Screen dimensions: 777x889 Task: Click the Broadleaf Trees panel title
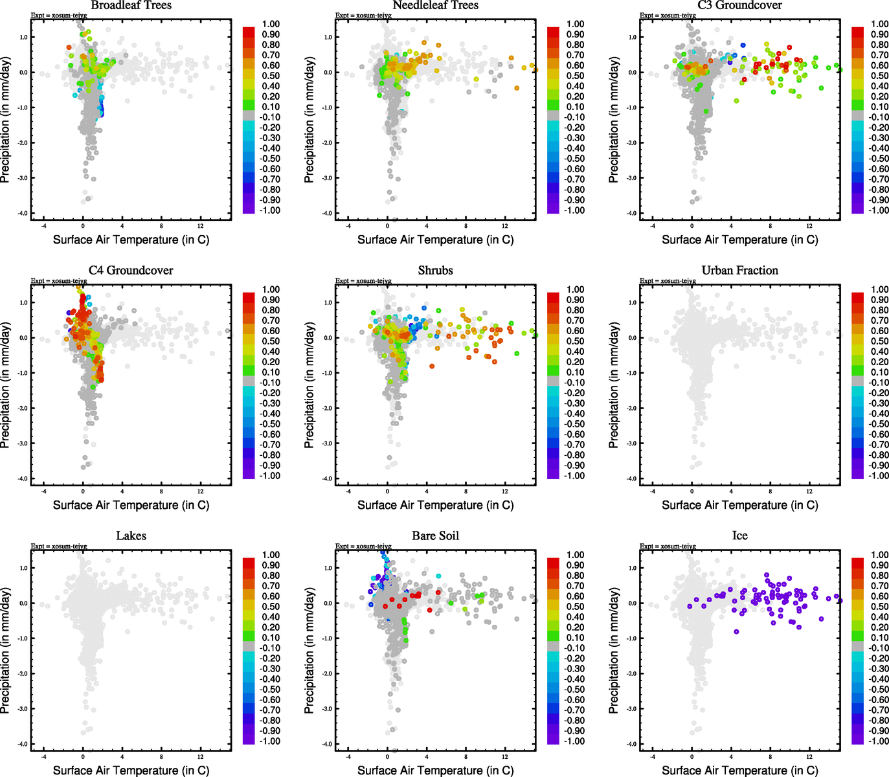[131, 5]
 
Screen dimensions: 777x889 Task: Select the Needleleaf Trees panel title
[435, 5]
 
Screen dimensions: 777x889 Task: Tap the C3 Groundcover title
[739, 5]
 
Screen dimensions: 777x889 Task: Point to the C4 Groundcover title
[131, 271]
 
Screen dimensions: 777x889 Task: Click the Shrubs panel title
[435, 271]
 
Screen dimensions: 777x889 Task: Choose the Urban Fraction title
[739, 271]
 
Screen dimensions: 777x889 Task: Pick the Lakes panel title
[131, 536]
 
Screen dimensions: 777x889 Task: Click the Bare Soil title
[435, 536]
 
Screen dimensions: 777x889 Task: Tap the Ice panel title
[739, 536]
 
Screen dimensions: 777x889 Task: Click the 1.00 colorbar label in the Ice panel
[879, 555]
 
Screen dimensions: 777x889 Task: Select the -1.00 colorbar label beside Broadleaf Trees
[270, 210]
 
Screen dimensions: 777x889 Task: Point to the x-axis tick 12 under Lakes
[201, 756]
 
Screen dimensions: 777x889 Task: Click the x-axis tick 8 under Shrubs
[466, 491]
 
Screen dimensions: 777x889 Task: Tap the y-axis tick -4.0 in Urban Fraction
[632, 479]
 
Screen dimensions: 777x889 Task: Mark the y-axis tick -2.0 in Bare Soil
[328, 673]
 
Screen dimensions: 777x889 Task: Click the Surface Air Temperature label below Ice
[739, 771]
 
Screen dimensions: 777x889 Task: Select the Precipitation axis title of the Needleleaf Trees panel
[309, 120]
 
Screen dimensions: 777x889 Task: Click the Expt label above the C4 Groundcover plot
[58, 281]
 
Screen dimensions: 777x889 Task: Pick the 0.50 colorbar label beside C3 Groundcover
[879, 76]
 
